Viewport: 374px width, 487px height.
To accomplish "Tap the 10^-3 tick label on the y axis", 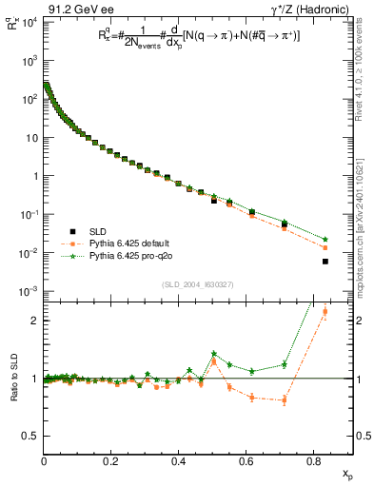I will click(27, 291).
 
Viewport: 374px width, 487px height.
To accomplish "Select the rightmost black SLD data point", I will click(325, 261).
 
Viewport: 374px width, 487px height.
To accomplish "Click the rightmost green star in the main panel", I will click(325, 239).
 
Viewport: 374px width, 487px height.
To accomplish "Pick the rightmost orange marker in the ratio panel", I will click(325, 311).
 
